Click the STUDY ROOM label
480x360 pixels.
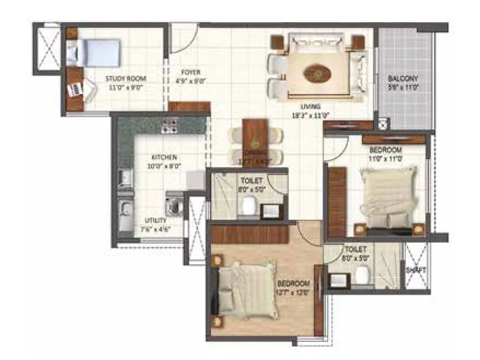[126, 79]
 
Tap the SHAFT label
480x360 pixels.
[416, 270]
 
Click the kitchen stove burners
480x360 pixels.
[170, 125]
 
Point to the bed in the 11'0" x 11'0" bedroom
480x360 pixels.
[388, 198]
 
